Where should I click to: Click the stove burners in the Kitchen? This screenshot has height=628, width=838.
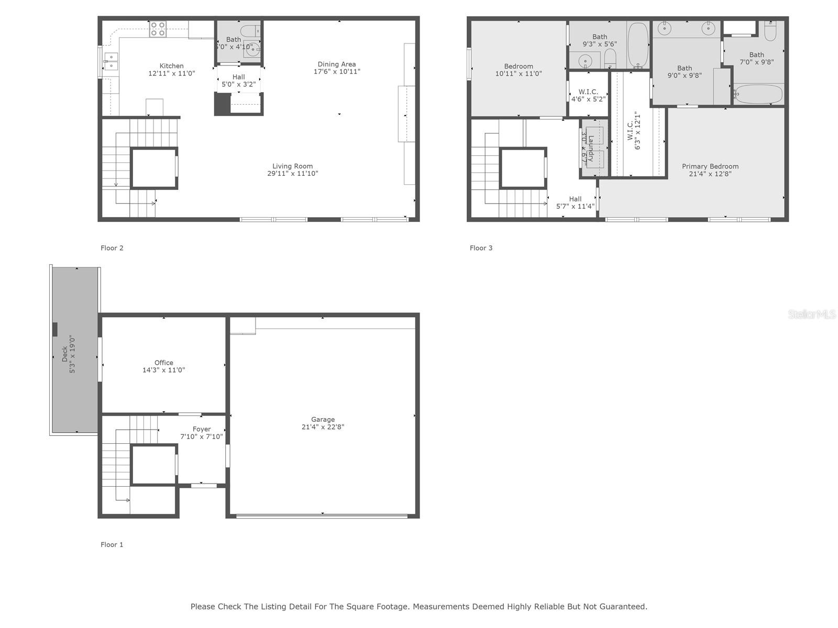click(158, 29)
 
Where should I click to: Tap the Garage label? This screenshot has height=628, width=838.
click(323, 419)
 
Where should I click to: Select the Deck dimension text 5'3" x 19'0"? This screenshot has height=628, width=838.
click(73, 354)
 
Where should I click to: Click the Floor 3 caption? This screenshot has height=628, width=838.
click(481, 248)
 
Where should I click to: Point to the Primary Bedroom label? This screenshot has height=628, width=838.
click(710, 166)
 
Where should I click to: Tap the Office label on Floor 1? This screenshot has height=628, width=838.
click(163, 363)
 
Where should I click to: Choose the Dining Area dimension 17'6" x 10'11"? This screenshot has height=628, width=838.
click(337, 72)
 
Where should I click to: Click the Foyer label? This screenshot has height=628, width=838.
click(202, 429)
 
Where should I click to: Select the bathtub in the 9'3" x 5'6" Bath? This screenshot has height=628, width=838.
click(637, 45)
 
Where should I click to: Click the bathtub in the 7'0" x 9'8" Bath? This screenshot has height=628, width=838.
click(758, 95)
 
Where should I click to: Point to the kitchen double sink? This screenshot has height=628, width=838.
click(111, 61)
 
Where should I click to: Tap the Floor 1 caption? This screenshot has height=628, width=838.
click(112, 545)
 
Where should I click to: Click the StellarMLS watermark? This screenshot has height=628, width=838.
click(811, 315)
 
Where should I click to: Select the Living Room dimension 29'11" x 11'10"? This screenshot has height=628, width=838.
click(292, 174)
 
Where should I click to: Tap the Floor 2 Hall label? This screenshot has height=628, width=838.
click(238, 77)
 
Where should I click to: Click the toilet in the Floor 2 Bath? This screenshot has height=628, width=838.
click(250, 30)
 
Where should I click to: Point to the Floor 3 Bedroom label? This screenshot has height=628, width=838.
click(519, 66)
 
